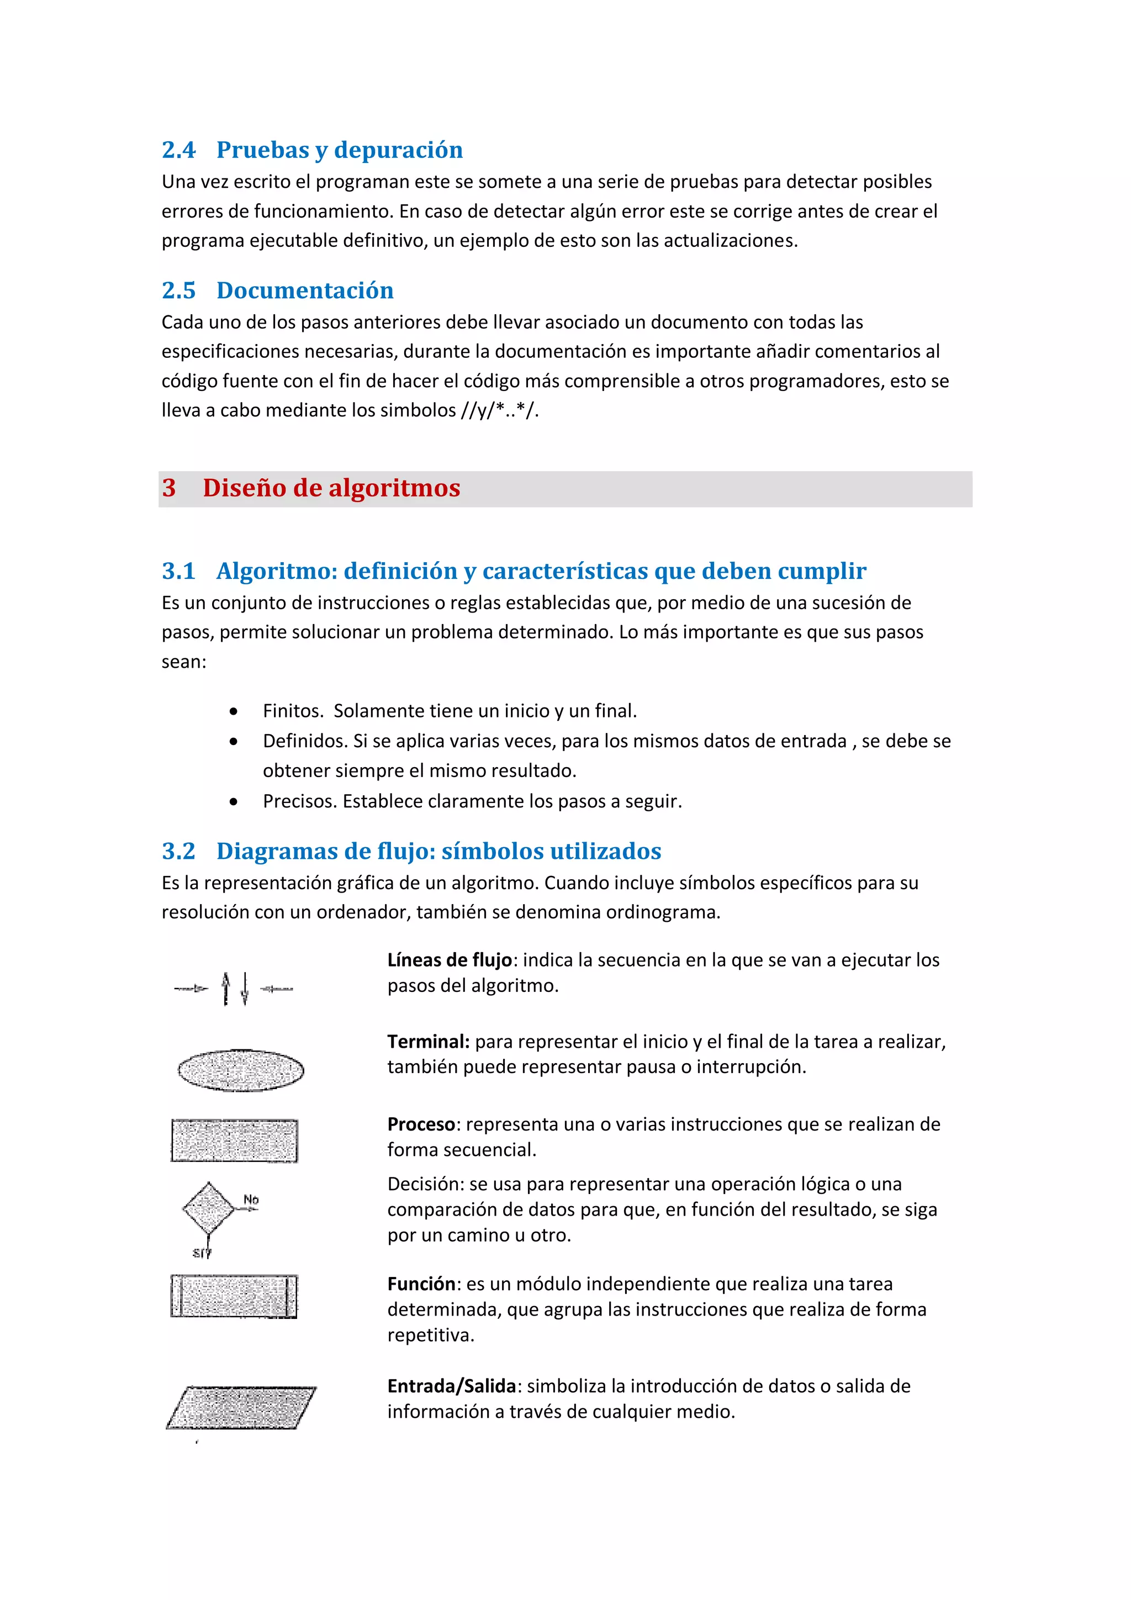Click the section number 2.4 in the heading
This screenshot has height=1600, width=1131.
click(178, 150)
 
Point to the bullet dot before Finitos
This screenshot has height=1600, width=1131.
click(234, 711)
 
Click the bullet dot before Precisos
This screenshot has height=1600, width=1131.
click(234, 802)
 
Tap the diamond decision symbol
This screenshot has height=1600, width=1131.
click(208, 1208)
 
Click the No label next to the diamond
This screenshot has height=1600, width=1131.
click(251, 1199)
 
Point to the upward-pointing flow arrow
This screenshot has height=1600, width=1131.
click(225, 988)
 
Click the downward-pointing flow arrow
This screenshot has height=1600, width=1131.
click(245, 988)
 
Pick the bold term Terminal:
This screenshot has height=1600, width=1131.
click(428, 1042)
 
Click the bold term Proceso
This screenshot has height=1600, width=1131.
click(421, 1124)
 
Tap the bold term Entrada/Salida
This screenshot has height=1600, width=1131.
click(451, 1386)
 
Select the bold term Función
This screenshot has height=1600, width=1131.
click(421, 1284)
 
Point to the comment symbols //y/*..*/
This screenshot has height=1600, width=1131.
click(499, 410)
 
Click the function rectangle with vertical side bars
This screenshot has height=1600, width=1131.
click(234, 1296)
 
